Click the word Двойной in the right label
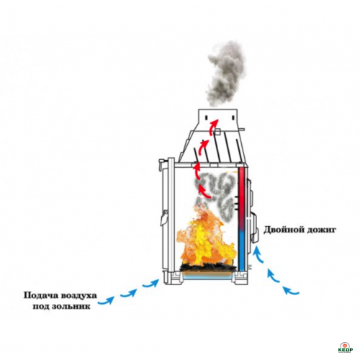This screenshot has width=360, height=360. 282,230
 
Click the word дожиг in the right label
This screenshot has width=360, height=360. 319,230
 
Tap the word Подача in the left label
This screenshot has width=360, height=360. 40,295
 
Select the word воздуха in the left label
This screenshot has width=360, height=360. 78,295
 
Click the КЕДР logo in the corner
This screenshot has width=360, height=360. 345,347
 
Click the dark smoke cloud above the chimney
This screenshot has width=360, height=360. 226,74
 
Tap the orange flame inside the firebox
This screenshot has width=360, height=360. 205,240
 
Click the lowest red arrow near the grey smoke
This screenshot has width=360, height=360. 204,192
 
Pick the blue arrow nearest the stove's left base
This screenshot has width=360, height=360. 151,283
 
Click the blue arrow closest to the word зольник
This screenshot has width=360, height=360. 107,300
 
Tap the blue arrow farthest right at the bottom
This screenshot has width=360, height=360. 291,291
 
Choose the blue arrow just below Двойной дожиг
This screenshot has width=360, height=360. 258,254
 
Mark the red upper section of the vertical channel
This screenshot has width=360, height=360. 241,197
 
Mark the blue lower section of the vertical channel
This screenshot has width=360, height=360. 242,251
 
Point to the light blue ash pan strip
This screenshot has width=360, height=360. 208,276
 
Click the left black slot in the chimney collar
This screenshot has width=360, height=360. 207,117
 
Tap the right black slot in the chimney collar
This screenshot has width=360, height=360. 233,117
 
